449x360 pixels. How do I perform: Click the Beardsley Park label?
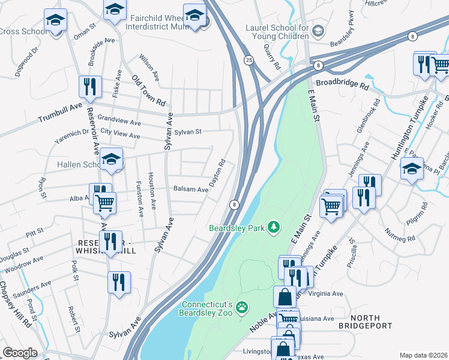(x=237, y=228)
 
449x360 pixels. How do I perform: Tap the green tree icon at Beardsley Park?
(x=274, y=226)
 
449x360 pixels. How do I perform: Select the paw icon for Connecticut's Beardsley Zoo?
(x=241, y=307)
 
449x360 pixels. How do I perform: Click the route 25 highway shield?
(x=248, y=59)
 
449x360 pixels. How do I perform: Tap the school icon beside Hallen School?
(x=111, y=160)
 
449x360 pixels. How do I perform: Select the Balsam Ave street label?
(x=190, y=189)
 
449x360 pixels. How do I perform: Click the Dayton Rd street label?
(x=217, y=172)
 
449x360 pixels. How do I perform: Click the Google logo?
(x=20, y=352)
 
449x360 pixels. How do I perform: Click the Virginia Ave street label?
(x=325, y=294)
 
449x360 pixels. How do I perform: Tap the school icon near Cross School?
(x=56, y=22)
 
